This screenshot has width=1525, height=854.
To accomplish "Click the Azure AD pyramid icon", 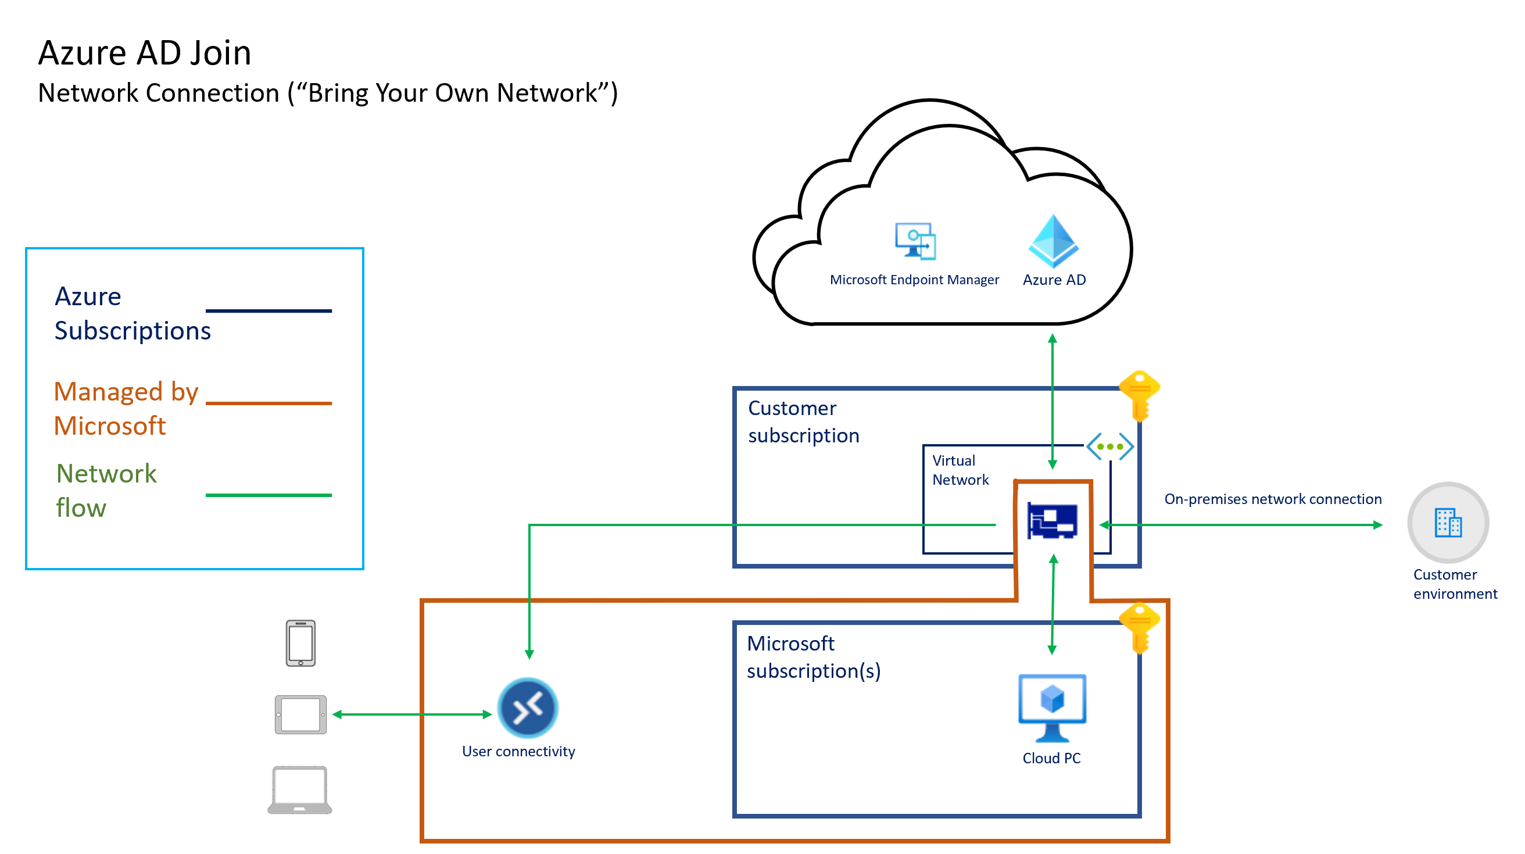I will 1053,241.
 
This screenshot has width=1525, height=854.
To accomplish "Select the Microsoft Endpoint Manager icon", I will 915,241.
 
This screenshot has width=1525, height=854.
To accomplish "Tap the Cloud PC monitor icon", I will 1051,707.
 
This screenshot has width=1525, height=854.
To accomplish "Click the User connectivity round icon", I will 528,707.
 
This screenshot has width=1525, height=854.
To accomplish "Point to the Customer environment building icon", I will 1448,523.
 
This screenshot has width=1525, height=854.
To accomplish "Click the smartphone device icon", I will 300,643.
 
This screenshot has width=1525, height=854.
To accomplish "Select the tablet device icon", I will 300,714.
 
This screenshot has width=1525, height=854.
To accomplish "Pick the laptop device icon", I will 299,789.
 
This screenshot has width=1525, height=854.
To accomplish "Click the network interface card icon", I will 1052,520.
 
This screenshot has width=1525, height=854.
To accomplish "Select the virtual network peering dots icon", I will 1109,446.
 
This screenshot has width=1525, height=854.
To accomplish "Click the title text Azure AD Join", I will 145,53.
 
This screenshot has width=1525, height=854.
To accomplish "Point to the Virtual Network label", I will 960,470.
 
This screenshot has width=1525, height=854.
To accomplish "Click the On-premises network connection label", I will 1272,499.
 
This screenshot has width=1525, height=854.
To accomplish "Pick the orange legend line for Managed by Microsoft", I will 268,403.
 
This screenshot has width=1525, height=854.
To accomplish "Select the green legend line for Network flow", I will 268,495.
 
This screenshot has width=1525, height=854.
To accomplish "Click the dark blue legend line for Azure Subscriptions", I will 268,311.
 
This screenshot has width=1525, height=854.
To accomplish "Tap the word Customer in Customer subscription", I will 792,409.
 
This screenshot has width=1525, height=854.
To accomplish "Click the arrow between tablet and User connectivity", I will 412,715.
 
